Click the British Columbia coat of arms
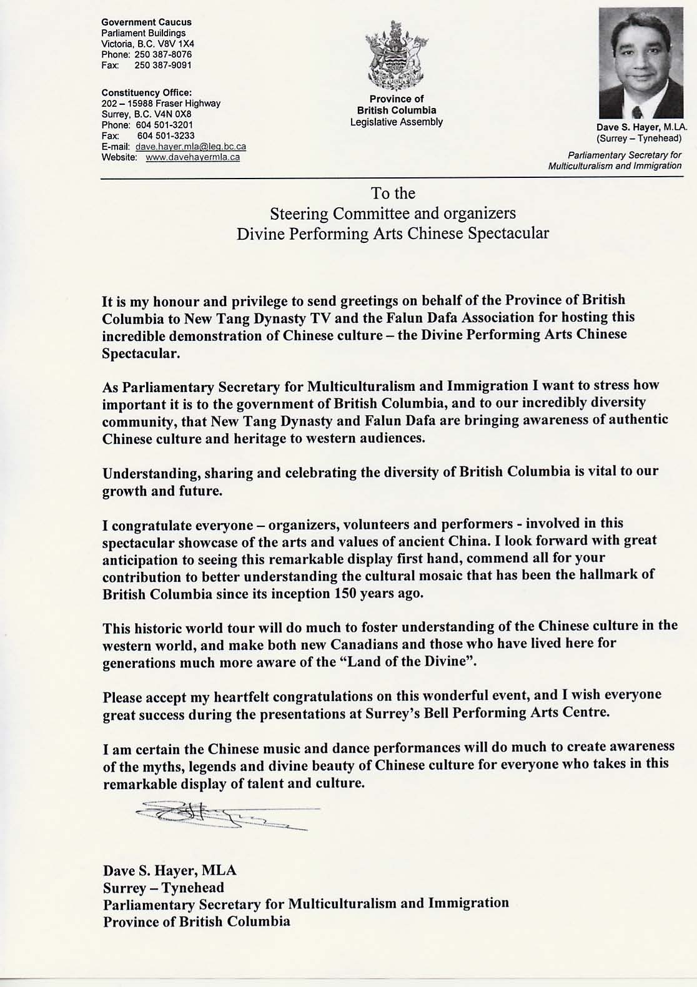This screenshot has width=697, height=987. (397, 56)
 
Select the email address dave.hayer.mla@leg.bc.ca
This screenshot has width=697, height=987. (190, 147)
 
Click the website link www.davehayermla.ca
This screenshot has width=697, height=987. (192, 157)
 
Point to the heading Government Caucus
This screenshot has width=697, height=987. (146, 22)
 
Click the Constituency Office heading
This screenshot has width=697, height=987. (146, 92)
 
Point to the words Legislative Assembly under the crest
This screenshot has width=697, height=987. (397, 122)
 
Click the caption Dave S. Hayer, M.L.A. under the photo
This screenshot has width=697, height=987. (641, 127)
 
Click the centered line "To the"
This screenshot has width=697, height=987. (393, 194)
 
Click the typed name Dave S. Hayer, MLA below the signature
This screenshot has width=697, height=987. (170, 870)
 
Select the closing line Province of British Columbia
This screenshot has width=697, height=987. (197, 921)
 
